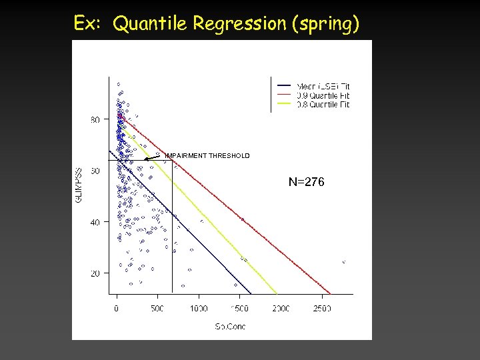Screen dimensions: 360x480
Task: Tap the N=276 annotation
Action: [x=306, y=181]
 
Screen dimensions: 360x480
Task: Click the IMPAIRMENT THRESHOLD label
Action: [x=207, y=156]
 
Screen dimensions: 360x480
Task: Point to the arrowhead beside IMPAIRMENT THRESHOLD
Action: [x=146, y=159]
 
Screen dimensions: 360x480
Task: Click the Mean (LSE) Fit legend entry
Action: [x=323, y=86]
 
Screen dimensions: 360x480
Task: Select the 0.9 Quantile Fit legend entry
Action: [x=323, y=95]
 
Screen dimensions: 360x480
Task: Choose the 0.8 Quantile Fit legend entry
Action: [x=323, y=103]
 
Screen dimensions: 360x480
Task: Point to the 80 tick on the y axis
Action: [x=96, y=120]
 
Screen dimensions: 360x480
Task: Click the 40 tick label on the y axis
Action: [x=96, y=222]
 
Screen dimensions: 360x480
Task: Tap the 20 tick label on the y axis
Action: [x=96, y=273]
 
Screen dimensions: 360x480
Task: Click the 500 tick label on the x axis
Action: [x=157, y=308]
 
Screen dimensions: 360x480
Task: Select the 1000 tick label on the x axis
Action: [x=198, y=308]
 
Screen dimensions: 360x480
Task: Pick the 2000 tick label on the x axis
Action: [x=281, y=308]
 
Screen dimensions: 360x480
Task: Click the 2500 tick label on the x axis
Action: [x=321, y=308]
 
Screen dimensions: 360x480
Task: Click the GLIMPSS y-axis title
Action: [x=79, y=185]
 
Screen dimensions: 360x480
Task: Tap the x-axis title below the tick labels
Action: [x=229, y=326]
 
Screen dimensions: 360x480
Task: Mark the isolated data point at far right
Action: [x=343, y=262]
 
